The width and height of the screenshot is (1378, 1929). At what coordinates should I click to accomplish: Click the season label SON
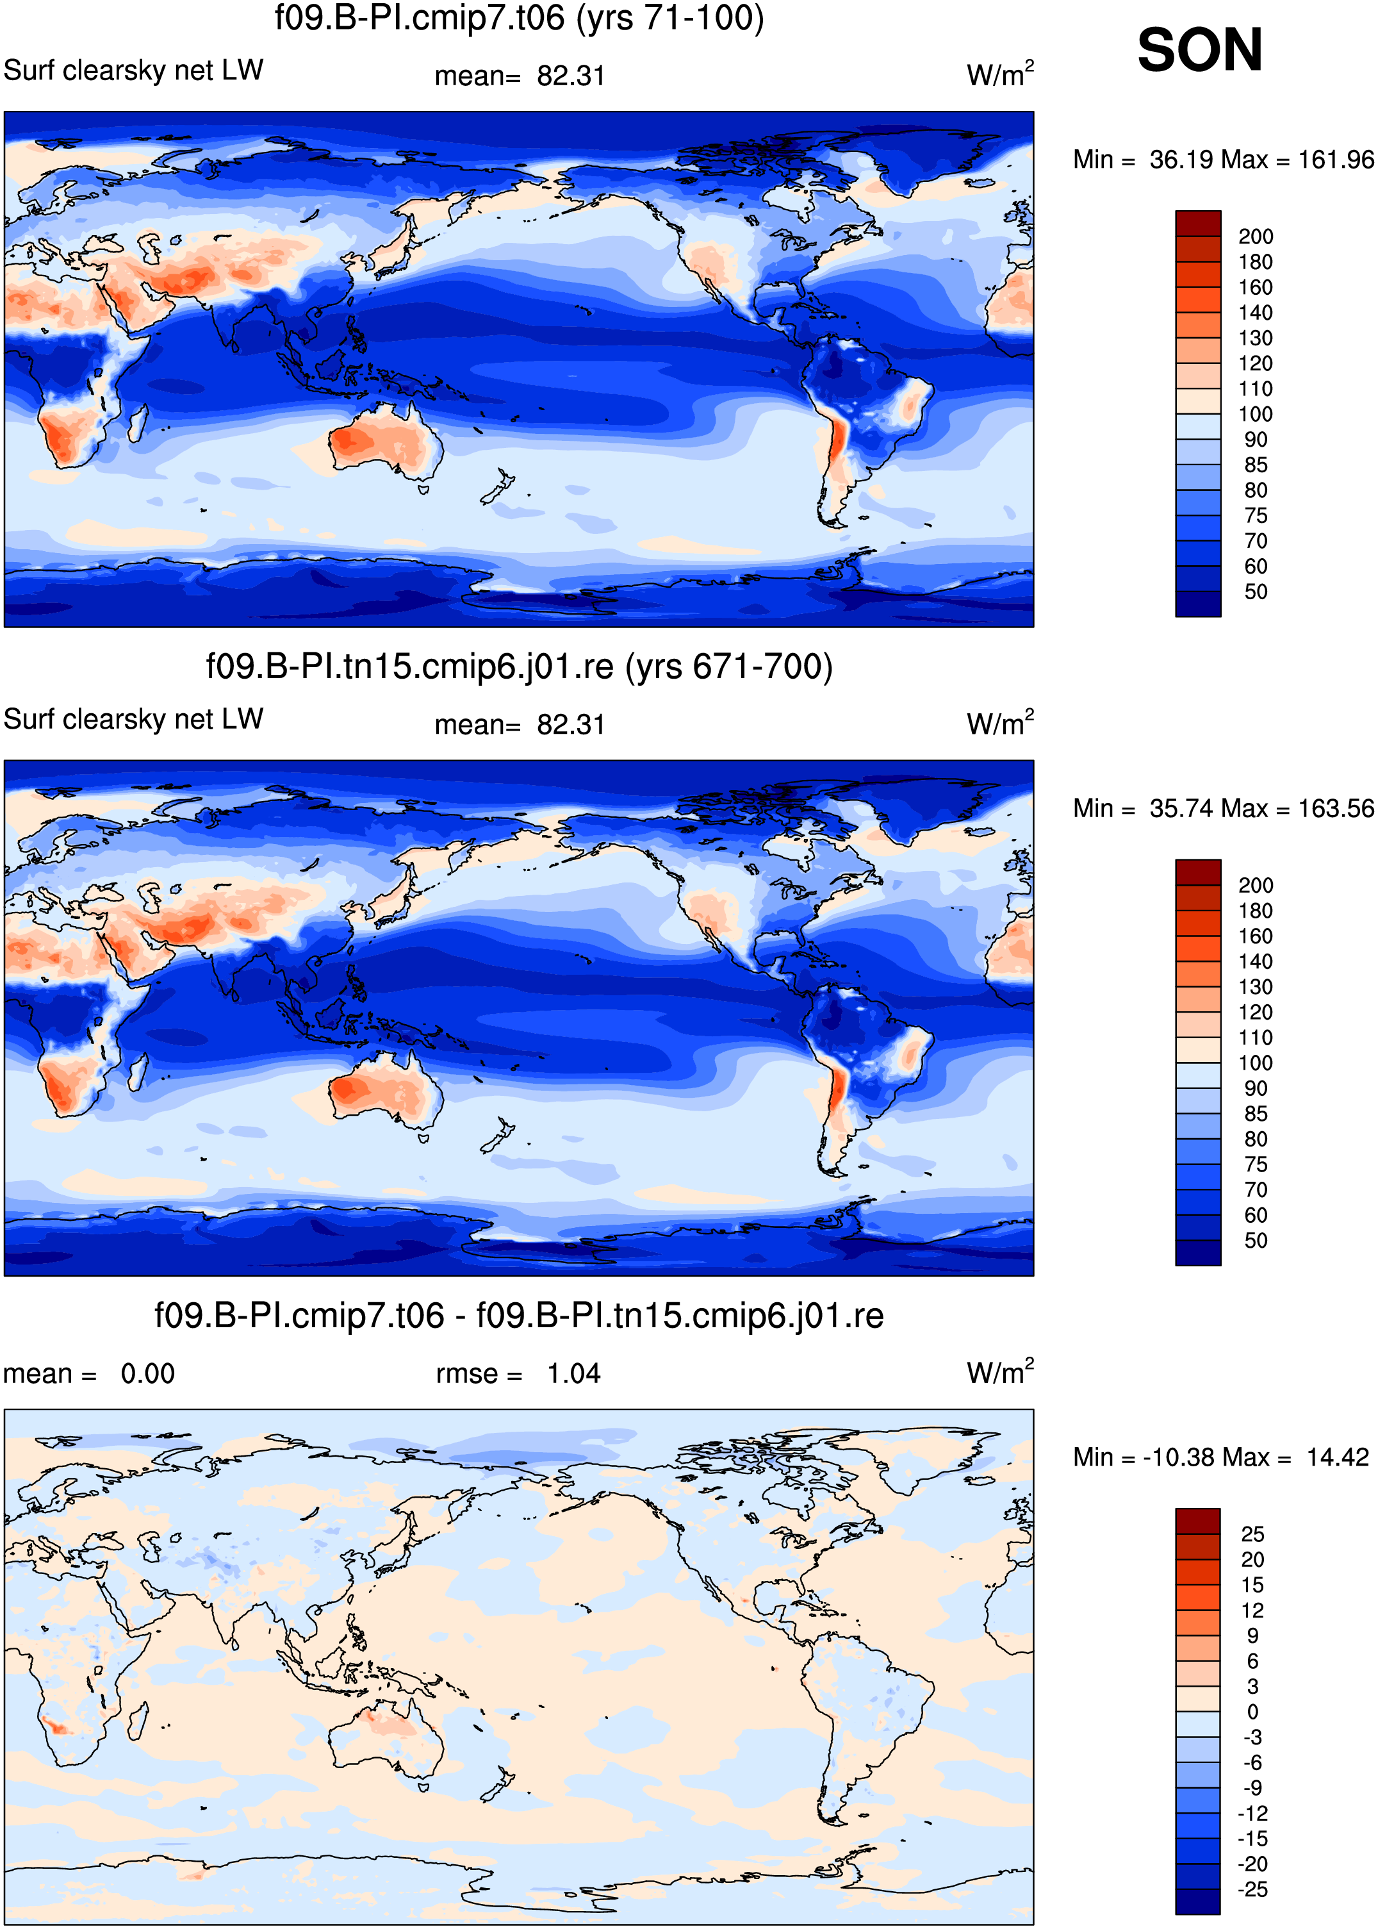tap(1199, 50)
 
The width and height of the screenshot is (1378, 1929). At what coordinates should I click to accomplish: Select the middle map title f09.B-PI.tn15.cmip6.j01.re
tap(410, 666)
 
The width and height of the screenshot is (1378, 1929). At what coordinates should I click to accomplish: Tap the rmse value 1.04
tap(573, 1373)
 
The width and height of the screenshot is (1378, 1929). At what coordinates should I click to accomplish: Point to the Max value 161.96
tap(1336, 160)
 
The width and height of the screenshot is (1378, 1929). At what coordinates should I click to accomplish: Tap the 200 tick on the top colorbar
tap(1256, 236)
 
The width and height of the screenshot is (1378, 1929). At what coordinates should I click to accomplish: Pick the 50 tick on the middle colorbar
tap(1256, 1241)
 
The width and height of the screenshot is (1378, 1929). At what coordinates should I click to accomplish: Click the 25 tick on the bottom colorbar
tap(1252, 1534)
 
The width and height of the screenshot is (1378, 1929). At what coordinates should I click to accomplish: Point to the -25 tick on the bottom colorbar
tap(1252, 1889)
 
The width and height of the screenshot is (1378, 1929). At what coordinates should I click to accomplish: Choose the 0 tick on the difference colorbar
tap(1252, 1712)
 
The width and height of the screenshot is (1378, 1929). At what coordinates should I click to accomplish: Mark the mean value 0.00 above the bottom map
tap(147, 1373)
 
